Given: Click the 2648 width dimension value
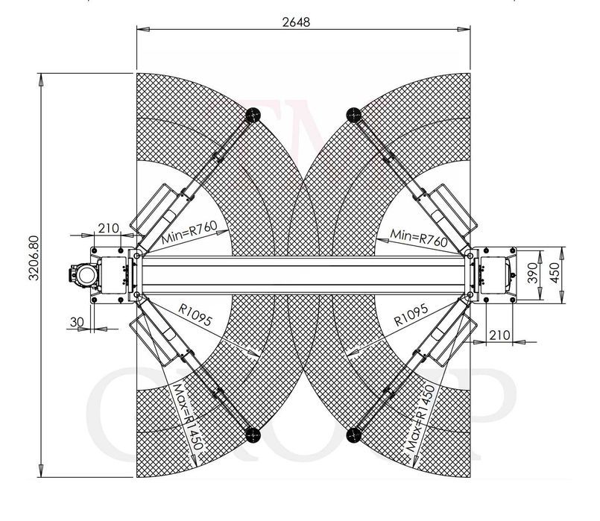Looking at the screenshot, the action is click(296, 22).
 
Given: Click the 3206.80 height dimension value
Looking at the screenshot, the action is click(34, 258).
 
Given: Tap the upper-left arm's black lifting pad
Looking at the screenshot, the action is click(253, 114).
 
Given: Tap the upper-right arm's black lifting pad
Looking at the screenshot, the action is click(353, 114).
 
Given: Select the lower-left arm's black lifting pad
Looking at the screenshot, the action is click(253, 435).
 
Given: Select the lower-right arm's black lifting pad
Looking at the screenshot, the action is click(353, 435).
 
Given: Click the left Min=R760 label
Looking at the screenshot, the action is click(189, 233).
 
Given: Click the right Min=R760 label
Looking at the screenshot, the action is click(418, 238).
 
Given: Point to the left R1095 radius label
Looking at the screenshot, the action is click(195, 315).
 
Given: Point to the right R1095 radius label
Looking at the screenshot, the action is click(411, 315).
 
